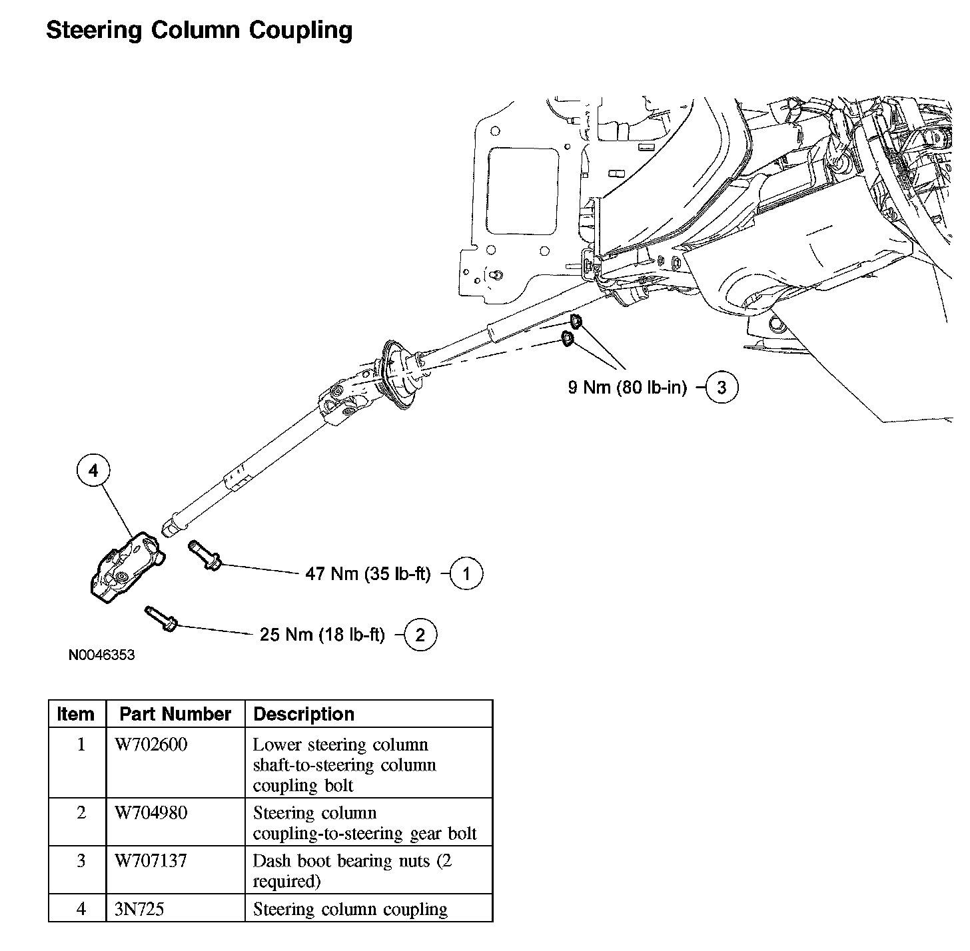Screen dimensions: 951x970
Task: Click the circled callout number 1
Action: [466, 574]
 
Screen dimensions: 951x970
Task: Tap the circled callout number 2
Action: [420, 635]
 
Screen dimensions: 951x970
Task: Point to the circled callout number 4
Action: [93, 471]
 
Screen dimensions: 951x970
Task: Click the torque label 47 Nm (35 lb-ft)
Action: [368, 574]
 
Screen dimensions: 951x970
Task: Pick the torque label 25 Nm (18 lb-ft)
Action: [322, 635]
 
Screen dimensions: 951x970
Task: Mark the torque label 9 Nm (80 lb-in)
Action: [627, 387]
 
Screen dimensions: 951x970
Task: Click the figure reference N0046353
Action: [101, 655]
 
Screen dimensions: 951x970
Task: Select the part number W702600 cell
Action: [151, 745]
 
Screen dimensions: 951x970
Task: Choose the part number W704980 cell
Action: [151, 812]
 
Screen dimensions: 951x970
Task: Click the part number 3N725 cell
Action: [139, 909]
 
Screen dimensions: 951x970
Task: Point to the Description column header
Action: [304, 715]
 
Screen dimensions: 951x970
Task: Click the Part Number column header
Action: [175, 715]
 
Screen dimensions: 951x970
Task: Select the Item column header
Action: [76, 715]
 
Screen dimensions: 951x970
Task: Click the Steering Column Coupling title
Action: [199, 30]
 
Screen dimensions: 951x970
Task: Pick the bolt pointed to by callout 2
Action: [161, 618]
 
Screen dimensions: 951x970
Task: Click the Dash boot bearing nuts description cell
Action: [352, 870]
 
